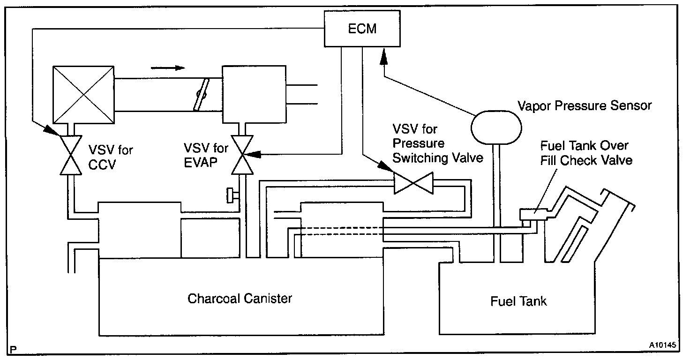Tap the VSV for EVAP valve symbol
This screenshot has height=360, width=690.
tap(243, 155)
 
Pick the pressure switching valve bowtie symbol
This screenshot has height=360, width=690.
tap(413, 182)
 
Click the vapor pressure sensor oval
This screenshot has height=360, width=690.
tap(496, 125)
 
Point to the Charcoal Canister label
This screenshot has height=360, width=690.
tap(240, 299)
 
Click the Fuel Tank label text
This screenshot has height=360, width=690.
tap(518, 300)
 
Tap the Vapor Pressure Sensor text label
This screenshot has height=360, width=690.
tap(584, 105)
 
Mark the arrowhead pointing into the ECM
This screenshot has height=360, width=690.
tap(383, 57)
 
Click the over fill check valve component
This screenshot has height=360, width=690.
tap(533, 215)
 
